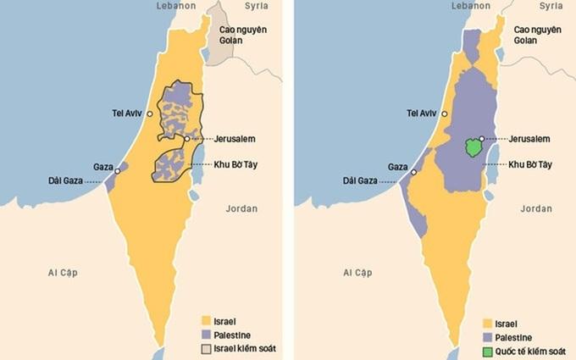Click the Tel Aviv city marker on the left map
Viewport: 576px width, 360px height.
(149, 114)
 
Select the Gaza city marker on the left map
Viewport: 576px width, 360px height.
(117, 169)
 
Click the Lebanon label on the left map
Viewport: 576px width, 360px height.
(176, 6)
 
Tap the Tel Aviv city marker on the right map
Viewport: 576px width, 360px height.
(443, 114)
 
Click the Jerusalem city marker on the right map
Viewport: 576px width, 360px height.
(481, 138)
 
